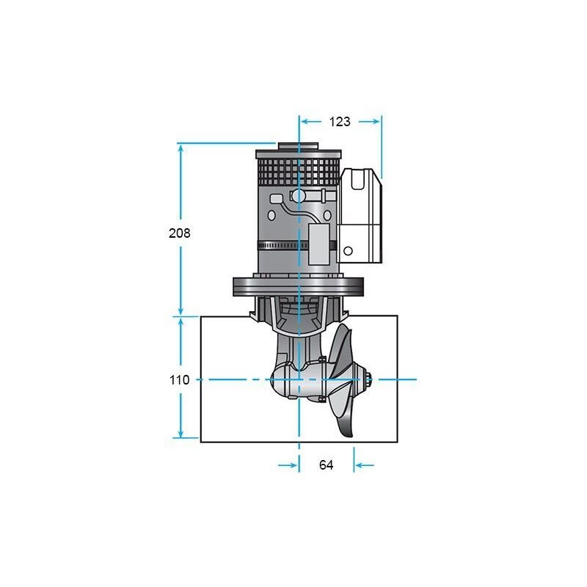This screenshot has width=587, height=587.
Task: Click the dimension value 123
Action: [x=340, y=122]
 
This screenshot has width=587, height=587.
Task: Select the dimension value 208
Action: [x=180, y=233]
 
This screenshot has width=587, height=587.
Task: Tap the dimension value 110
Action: [x=180, y=380]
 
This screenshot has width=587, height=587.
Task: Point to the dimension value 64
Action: [x=326, y=465]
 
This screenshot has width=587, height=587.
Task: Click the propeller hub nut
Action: [x=368, y=379]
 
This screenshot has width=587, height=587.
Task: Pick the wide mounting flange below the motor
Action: [x=299, y=287]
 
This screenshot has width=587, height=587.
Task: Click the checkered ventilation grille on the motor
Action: [x=299, y=172]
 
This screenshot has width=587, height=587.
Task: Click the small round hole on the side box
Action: [x=348, y=251]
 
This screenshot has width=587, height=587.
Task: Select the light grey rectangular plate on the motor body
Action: [x=318, y=244]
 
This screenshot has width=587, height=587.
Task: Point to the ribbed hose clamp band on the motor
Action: [x=283, y=246]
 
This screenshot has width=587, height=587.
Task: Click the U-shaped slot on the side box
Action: [x=358, y=180]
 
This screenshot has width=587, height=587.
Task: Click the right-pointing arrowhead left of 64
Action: [x=293, y=465]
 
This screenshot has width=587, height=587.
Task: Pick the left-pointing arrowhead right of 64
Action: [x=359, y=465]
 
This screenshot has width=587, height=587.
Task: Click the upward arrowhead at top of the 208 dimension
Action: [x=181, y=149]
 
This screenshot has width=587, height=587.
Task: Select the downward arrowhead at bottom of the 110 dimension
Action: [x=181, y=434]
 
